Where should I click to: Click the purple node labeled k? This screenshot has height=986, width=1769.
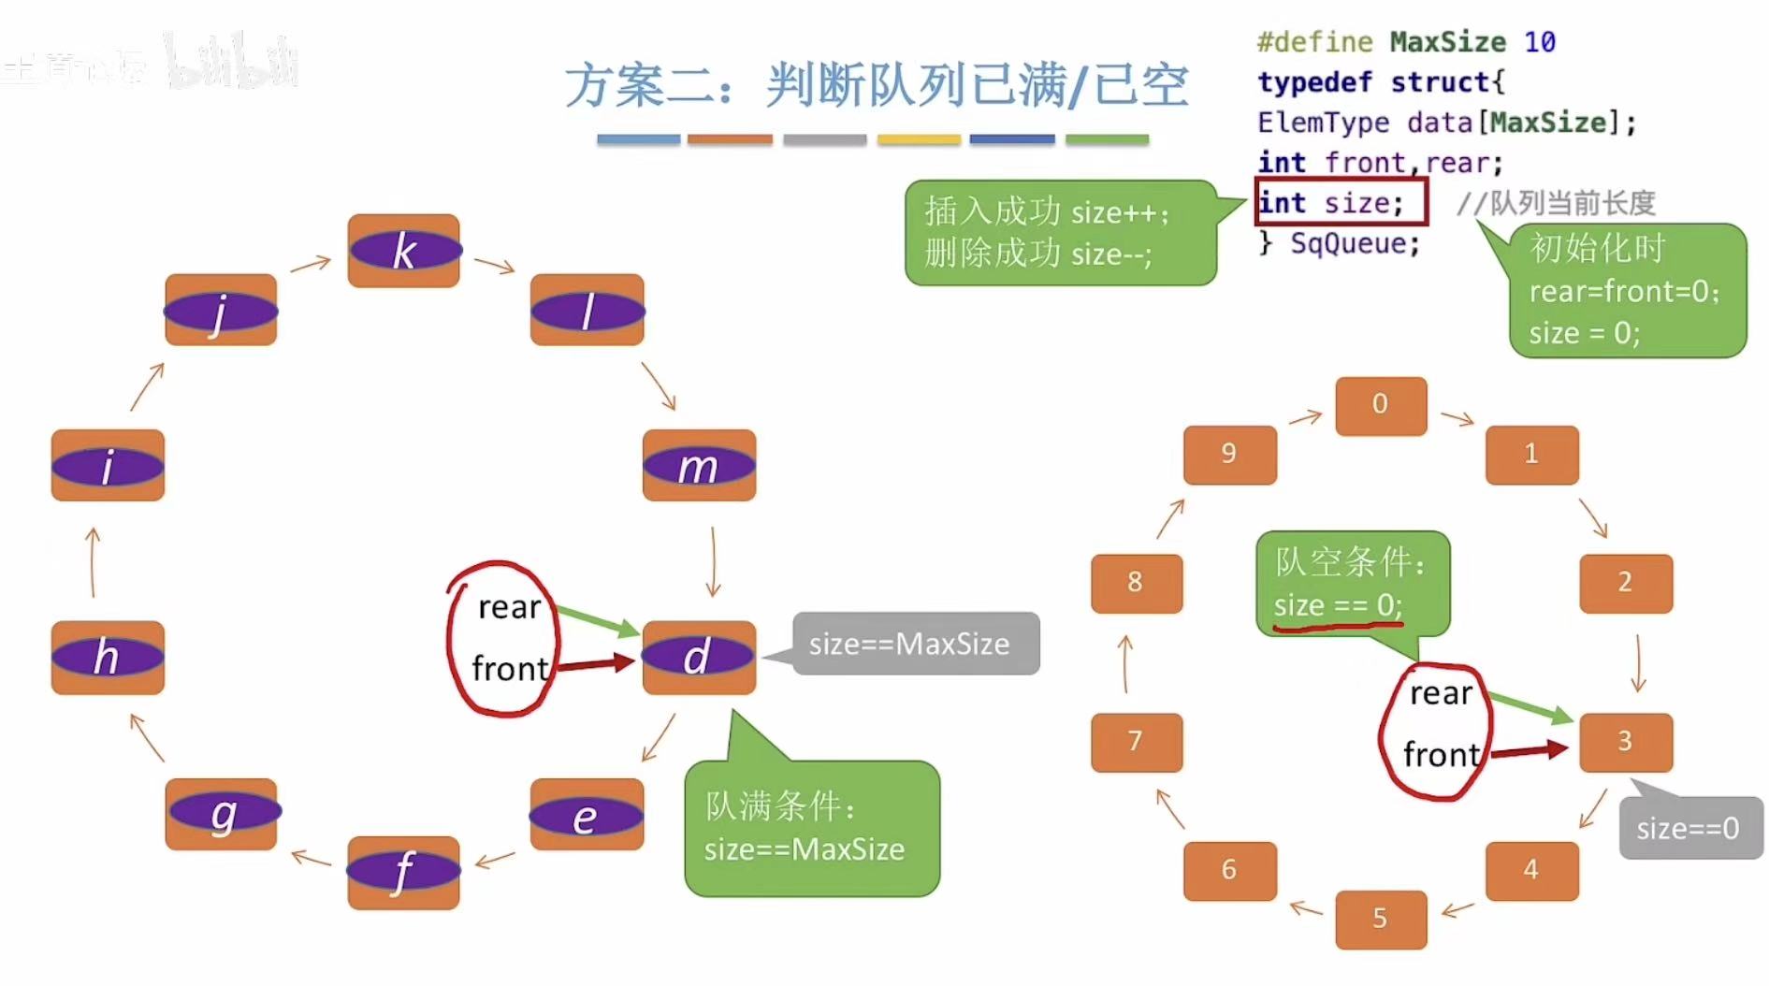click(x=403, y=251)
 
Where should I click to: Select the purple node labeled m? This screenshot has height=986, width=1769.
click(x=699, y=466)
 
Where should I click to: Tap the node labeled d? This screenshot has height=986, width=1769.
click(x=698, y=657)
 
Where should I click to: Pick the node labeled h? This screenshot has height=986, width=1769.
click(x=108, y=657)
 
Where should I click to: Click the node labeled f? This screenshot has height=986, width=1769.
click(x=403, y=872)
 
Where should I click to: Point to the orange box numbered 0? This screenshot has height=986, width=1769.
click(x=1380, y=405)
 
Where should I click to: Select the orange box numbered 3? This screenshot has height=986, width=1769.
click(x=1625, y=742)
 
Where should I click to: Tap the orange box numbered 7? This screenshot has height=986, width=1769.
click(x=1136, y=742)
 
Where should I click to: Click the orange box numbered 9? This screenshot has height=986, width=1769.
click(x=1229, y=455)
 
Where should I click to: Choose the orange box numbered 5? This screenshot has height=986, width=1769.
click(x=1380, y=919)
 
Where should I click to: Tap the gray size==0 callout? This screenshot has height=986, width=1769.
click(x=1689, y=828)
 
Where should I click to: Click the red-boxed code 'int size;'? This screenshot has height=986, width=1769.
click(x=1339, y=202)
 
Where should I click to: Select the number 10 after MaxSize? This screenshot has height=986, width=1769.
click(x=1539, y=42)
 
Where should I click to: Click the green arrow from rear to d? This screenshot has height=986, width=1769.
click(x=596, y=621)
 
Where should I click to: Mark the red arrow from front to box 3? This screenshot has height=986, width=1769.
click(x=1528, y=750)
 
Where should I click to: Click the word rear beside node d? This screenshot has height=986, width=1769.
click(x=509, y=608)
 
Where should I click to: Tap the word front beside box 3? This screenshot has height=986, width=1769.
click(x=1441, y=755)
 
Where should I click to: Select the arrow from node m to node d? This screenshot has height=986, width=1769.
click(x=713, y=561)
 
